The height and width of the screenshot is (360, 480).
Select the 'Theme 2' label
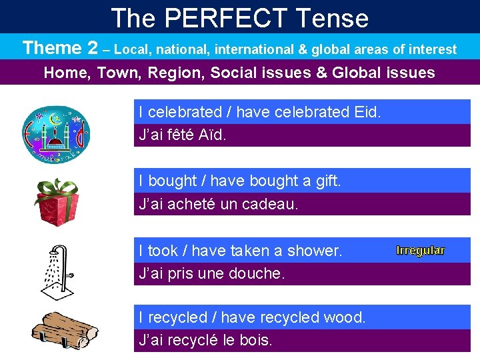pos(60,48)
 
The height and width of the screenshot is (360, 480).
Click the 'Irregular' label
pos(420,251)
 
